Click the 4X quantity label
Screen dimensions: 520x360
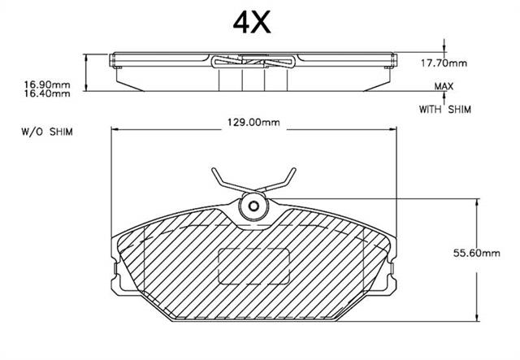(252, 22)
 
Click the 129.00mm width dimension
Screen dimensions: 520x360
(253, 123)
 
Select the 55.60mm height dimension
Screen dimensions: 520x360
(477, 254)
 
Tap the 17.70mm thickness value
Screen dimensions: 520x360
(444, 63)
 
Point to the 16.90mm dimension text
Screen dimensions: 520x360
(47, 85)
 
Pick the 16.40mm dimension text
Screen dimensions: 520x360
(47, 93)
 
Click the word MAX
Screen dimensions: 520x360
(444, 87)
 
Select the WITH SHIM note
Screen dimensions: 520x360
(444, 109)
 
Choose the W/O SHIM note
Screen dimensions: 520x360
(47, 132)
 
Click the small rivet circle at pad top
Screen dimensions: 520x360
(253, 206)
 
